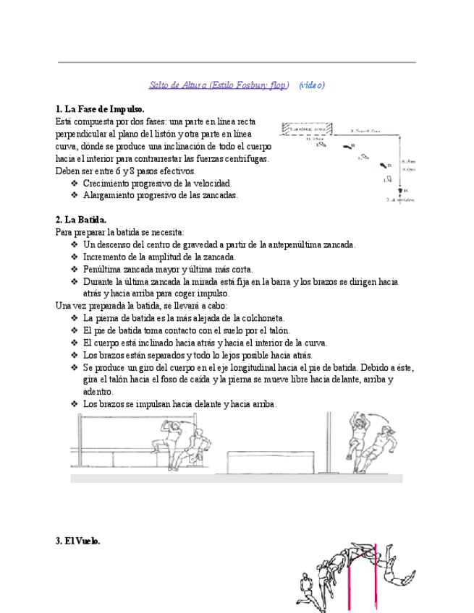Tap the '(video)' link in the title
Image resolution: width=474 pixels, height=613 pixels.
(x=312, y=85)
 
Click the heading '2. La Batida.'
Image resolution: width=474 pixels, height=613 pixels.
(x=81, y=220)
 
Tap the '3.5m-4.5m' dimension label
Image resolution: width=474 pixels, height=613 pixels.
(x=364, y=131)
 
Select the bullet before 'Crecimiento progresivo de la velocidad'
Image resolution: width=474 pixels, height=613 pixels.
(x=75, y=184)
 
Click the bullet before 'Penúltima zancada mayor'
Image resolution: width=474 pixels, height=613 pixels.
(x=75, y=270)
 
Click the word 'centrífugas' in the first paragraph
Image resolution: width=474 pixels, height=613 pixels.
(x=245, y=159)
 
